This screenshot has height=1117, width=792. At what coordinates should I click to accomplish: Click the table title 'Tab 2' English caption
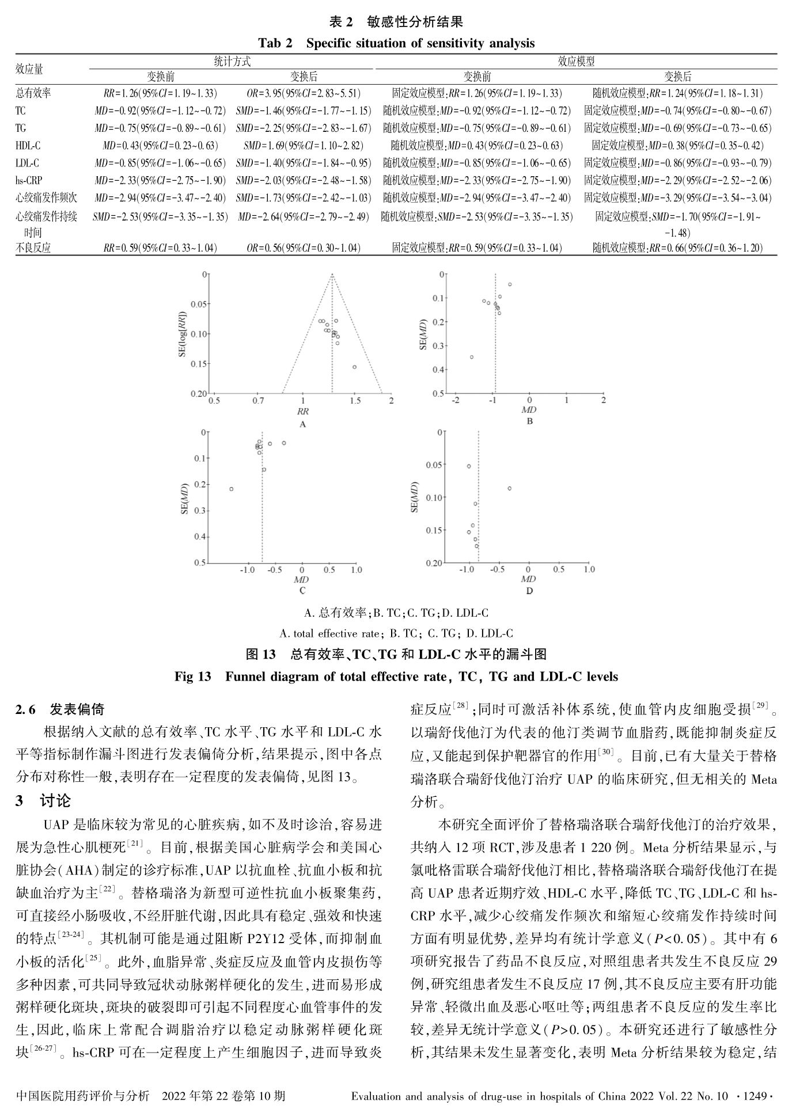click(396, 43)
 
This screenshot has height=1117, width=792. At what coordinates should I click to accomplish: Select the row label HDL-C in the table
click(28, 146)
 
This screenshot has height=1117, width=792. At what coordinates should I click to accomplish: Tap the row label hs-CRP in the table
click(29, 180)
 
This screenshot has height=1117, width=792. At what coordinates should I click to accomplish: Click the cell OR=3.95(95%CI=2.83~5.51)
click(304, 93)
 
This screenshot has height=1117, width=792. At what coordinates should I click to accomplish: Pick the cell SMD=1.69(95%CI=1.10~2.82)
click(304, 146)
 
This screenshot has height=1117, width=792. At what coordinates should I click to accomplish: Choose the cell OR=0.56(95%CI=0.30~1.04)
click(304, 248)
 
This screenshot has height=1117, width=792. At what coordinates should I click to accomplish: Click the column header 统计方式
click(232, 61)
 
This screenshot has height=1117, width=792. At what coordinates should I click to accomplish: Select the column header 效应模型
click(576, 61)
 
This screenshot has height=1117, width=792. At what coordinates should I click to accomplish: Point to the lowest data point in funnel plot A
click(354, 367)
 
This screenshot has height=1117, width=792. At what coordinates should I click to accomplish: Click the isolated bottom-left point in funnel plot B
click(472, 357)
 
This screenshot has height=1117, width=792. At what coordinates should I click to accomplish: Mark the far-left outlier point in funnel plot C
click(232, 489)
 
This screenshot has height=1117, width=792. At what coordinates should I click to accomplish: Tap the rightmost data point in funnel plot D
click(510, 488)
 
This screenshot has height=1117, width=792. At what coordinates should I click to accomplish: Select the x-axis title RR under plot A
click(303, 411)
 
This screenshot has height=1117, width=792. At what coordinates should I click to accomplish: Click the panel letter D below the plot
click(529, 591)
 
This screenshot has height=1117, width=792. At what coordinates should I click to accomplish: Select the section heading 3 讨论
click(43, 800)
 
